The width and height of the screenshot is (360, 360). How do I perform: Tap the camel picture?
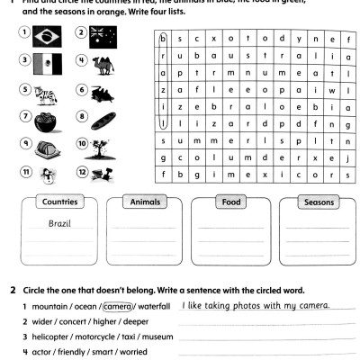click(x=98, y=63)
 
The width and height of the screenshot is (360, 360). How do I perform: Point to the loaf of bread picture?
click(x=98, y=118)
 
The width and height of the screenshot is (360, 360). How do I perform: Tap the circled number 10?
click(x=81, y=144)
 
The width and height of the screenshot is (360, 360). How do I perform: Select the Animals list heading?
click(x=144, y=202)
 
